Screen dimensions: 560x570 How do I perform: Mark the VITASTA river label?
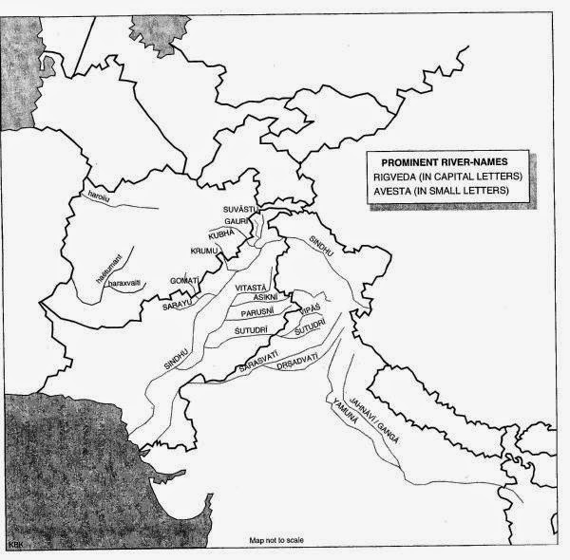[x=253, y=287]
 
